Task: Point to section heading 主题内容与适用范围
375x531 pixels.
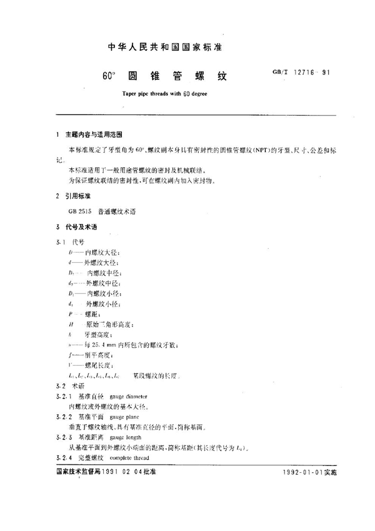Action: (96, 134)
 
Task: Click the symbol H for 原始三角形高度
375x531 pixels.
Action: (73, 325)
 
